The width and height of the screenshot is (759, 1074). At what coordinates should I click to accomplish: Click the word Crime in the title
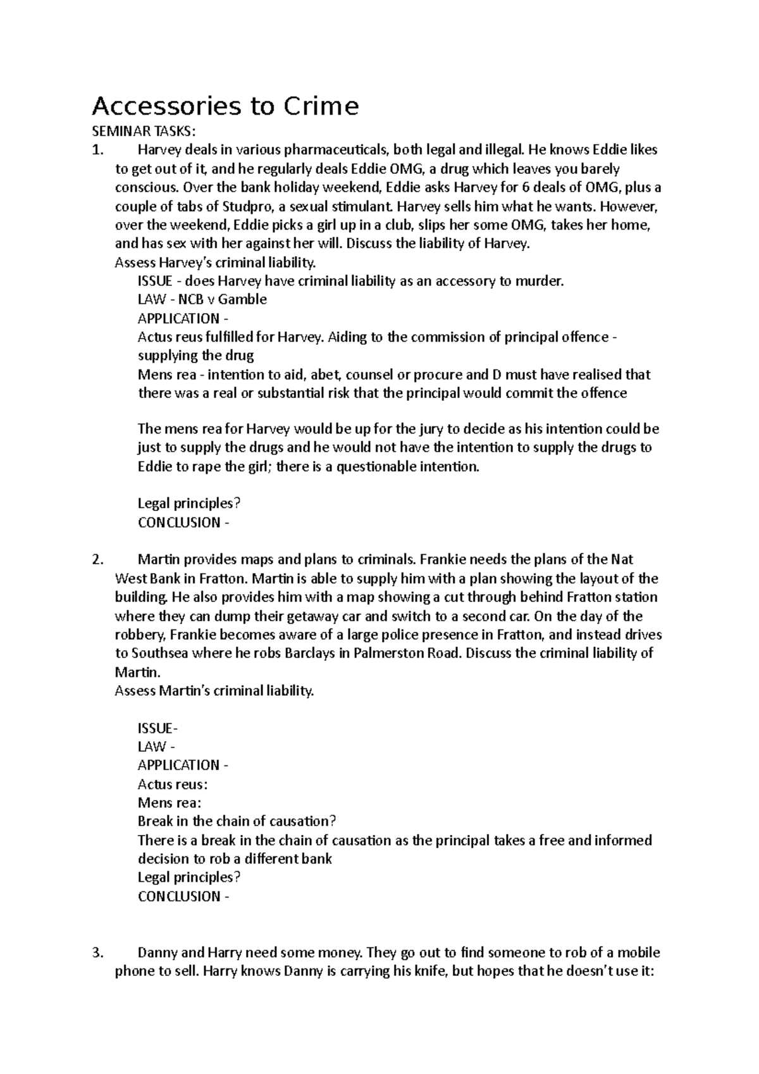point(320,106)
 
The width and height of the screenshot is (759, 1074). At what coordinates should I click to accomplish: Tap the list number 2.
point(96,560)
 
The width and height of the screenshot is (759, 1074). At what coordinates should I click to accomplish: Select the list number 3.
point(96,953)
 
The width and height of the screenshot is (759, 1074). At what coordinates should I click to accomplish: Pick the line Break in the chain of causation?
point(236,822)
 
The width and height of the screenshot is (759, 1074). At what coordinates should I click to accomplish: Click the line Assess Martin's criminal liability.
point(214,691)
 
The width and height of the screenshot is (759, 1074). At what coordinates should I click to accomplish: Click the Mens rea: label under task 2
point(170,803)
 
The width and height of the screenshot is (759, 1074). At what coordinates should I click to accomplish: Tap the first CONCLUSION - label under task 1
point(183,523)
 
